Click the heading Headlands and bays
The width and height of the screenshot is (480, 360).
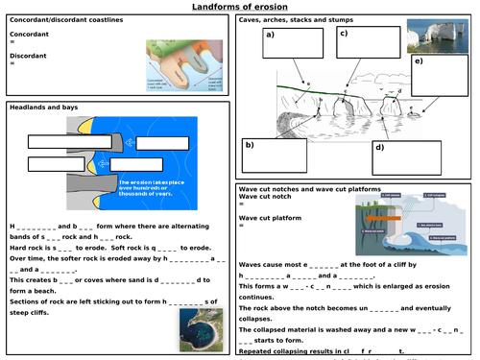[x=42, y=108]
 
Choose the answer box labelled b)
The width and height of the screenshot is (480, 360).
[x=275, y=156]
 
